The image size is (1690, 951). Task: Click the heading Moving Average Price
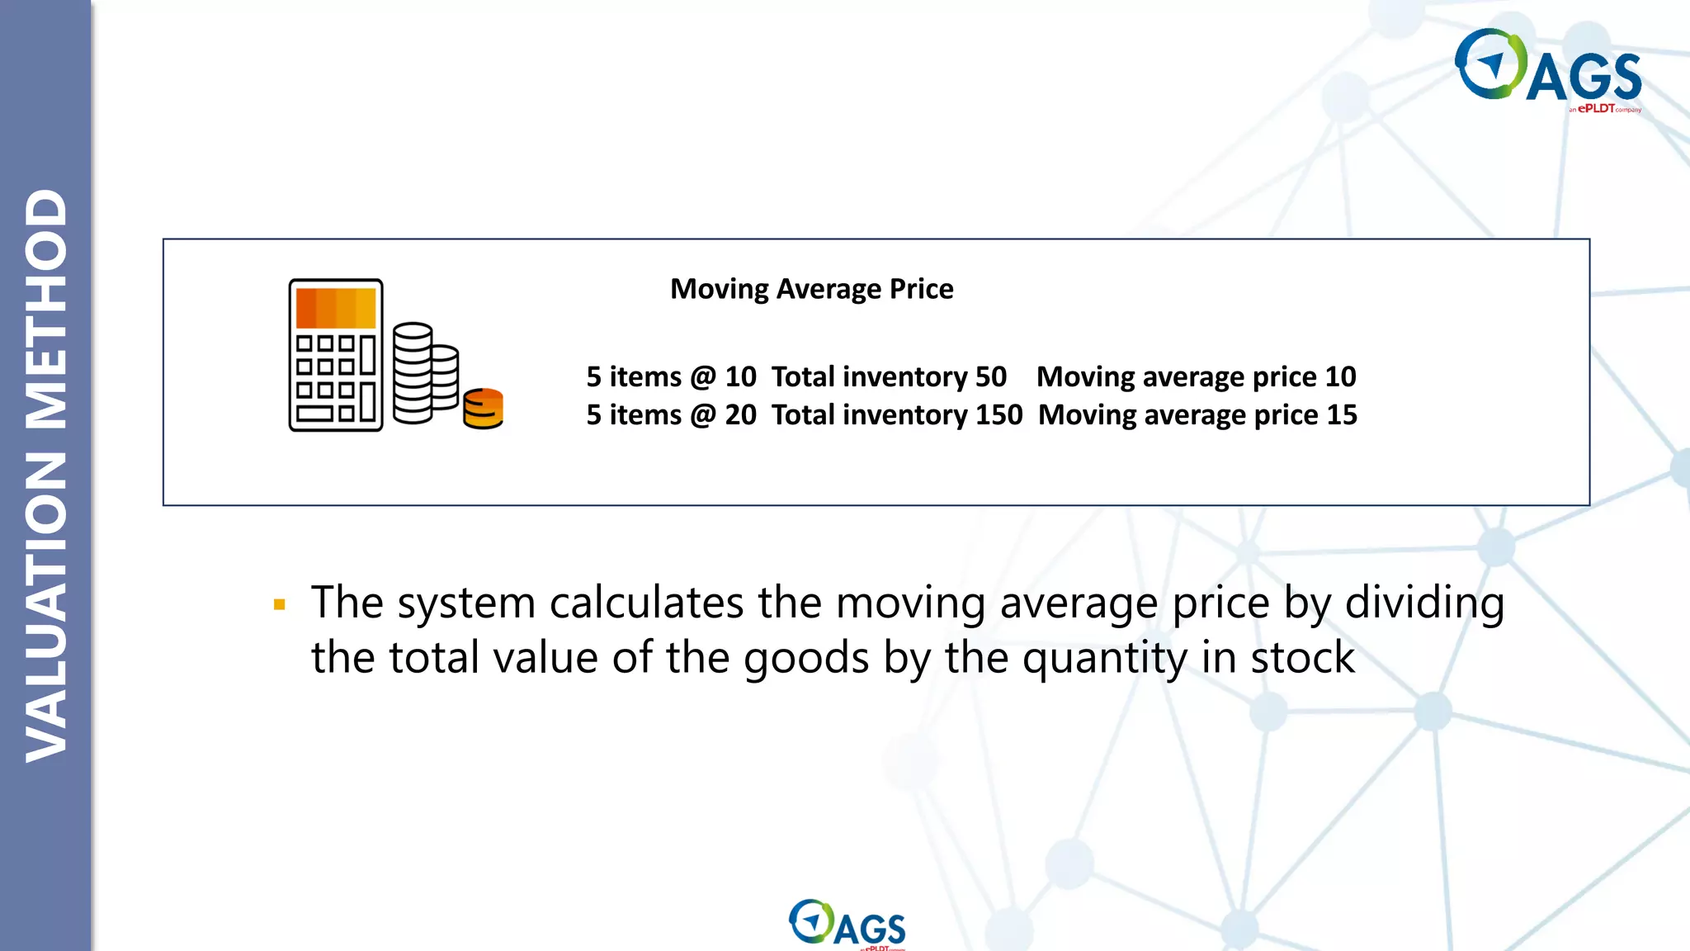pos(811,289)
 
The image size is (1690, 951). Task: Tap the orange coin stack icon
pos(484,409)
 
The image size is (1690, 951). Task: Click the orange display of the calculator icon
pos(336,308)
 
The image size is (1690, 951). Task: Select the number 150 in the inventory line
pos(998,414)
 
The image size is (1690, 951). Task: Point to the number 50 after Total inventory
pos(990,376)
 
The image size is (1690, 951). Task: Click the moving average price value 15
pos(1341,414)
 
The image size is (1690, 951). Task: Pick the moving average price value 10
pos(1340,376)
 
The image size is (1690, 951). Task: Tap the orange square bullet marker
pos(280,605)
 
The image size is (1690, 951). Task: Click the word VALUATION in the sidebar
pos(46,607)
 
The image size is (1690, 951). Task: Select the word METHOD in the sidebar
pos(46,310)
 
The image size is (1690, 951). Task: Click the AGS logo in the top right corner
pos(1548,68)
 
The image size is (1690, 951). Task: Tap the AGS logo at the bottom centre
pos(847,924)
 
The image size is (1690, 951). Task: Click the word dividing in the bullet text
pos(1424,603)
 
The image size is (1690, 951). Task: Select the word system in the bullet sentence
pos(466,603)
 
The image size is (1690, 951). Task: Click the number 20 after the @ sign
pos(740,414)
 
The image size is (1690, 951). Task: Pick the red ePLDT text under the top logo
pos(1596,108)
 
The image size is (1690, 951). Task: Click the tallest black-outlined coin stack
pos(413,373)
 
